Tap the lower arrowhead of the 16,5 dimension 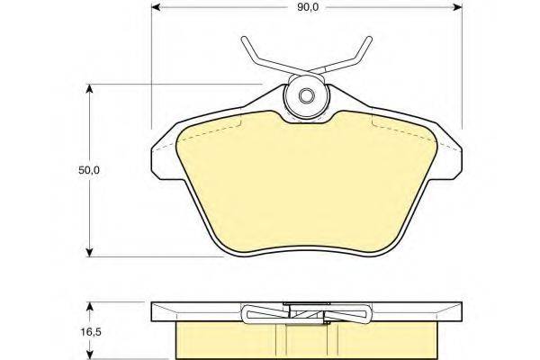coord(89,355)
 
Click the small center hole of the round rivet coord(306,97)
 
